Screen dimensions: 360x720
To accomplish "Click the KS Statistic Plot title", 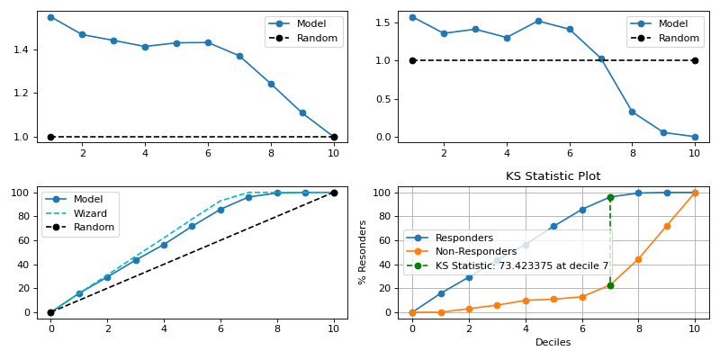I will tap(553, 176).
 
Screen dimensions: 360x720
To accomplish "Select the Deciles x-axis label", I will tap(553, 343).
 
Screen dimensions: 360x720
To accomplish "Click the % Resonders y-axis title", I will tap(363, 253).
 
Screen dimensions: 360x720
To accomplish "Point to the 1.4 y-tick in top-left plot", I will tap(20, 49).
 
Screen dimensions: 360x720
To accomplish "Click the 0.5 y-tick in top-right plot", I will tap(381, 99).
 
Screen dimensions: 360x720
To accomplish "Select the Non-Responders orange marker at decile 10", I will tap(695, 193).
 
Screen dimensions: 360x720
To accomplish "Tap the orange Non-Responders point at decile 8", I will tap(638, 259).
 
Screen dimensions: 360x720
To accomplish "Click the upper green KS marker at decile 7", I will tap(610, 197).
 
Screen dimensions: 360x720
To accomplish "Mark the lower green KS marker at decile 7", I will tap(610, 285).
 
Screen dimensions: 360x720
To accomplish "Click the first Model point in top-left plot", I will tap(50, 17).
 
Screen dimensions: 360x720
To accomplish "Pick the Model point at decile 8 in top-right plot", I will tap(632, 112).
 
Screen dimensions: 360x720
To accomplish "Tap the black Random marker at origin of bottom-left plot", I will tap(50, 312).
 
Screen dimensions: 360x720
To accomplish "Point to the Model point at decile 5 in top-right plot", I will tap(538, 21).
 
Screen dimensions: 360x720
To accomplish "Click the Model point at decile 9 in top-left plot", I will tap(302, 112).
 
